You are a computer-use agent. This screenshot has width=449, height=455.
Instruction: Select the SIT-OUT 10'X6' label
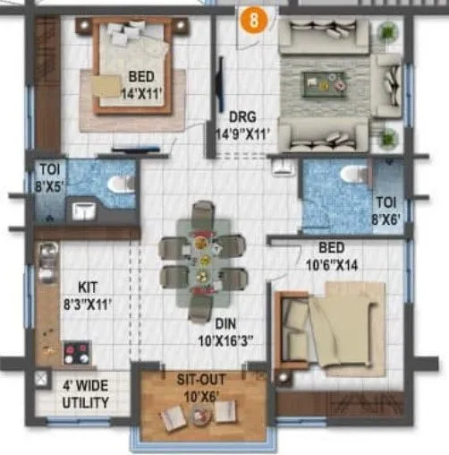pos(201,386)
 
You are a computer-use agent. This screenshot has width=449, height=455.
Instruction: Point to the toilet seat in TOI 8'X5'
pos(117,184)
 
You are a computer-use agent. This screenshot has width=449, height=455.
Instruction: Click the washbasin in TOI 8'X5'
pos(82,211)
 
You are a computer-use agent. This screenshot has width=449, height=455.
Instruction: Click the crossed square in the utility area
pos(40,380)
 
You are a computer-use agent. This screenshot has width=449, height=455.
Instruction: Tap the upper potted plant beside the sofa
pos(387,30)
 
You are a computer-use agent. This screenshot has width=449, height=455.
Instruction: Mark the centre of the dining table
pos(203,260)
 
